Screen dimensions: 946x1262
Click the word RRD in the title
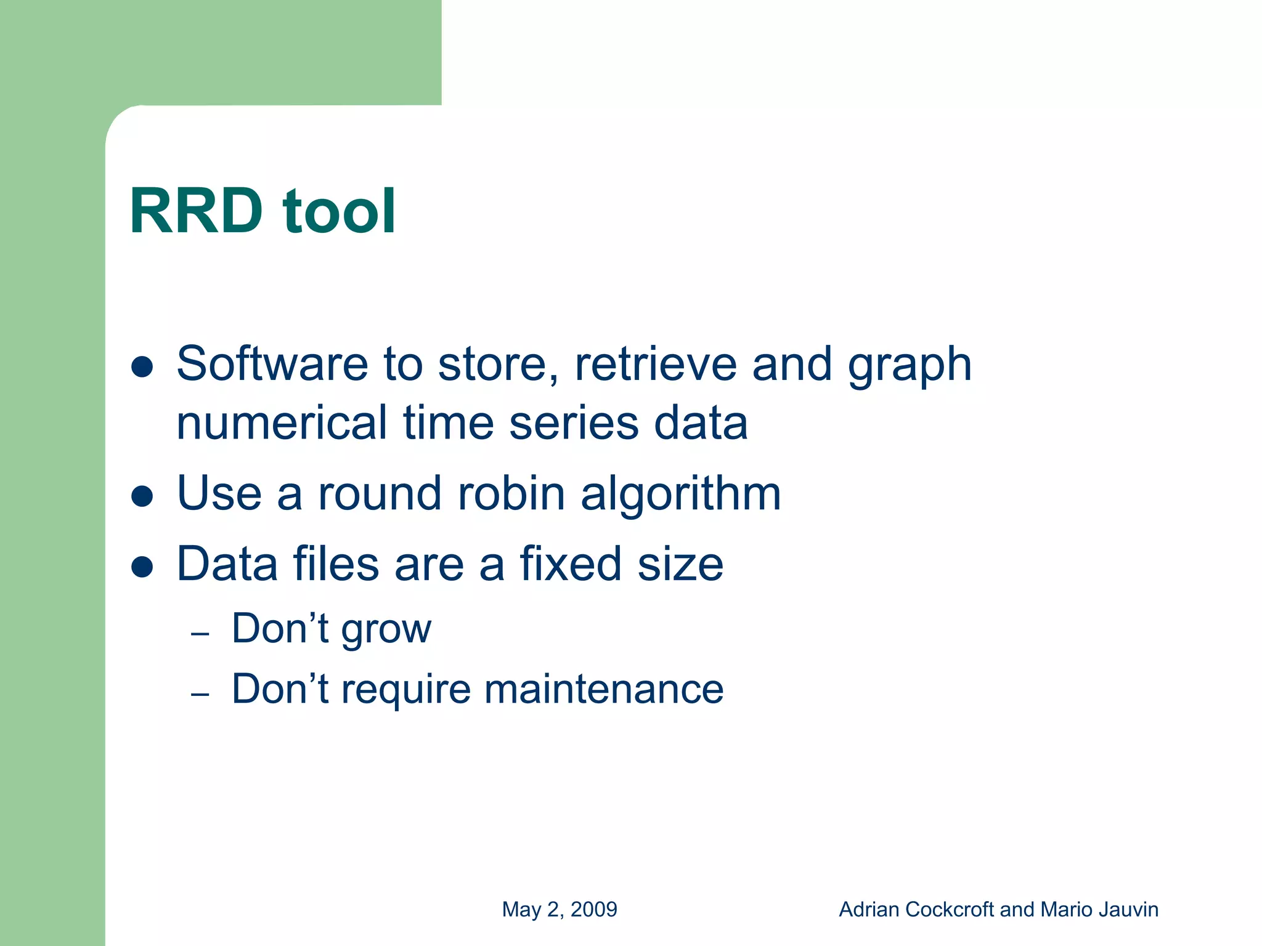pos(196,211)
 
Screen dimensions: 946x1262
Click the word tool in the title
pos(338,211)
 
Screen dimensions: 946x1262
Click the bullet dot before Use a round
pos(142,496)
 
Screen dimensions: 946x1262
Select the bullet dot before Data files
pos(142,567)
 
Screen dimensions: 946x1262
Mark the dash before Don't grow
pos(200,634)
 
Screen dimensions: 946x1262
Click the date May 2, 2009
pos(560,909)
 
